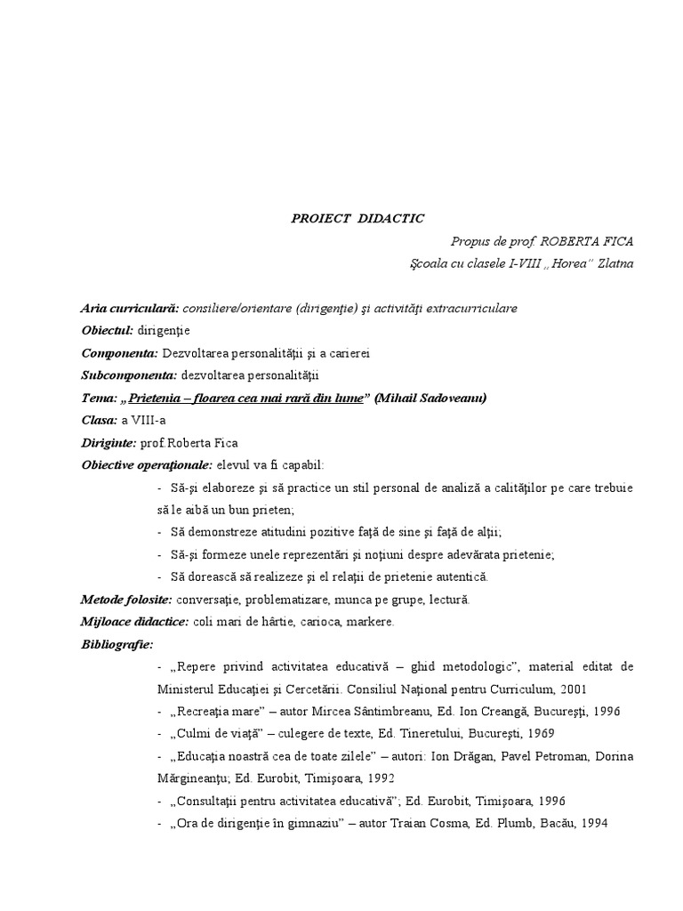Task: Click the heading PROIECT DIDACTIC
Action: coord(358,218)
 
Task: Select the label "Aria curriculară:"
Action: coord(130,308)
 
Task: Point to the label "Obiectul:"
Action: coord(108,330)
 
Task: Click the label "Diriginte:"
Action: coord(109,442)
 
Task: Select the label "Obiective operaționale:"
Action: coord(147,464)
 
